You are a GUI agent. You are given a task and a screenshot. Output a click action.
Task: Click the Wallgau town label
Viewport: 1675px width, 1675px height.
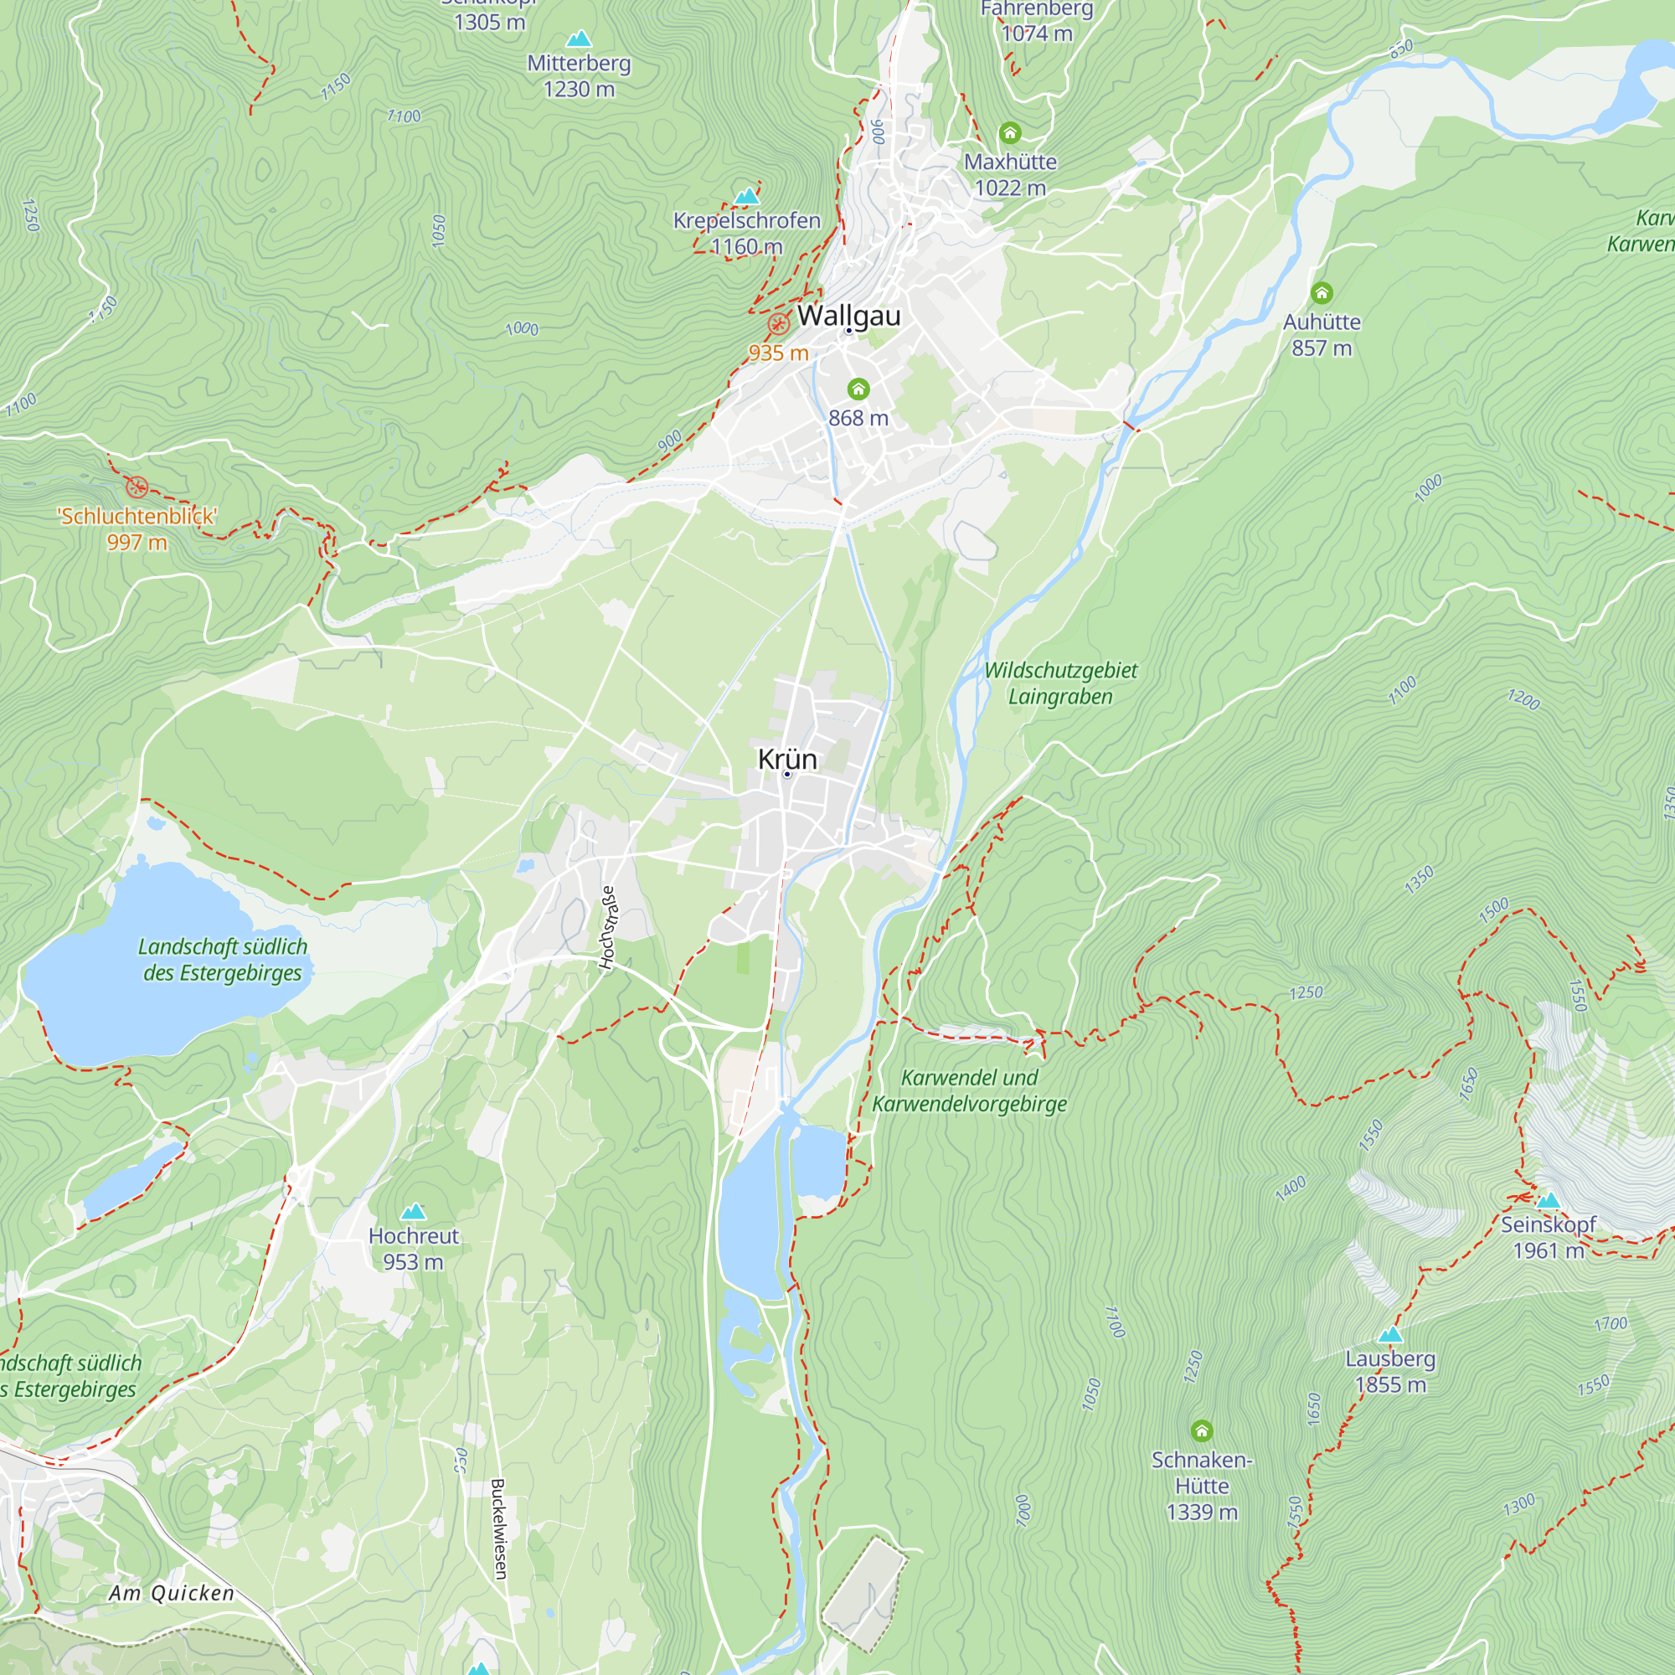tap(848, 316)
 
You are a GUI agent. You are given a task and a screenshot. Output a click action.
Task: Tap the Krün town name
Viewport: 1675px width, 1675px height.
tap(787, 759)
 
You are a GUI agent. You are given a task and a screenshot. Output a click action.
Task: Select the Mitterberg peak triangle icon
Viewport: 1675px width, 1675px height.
tap(580, 39)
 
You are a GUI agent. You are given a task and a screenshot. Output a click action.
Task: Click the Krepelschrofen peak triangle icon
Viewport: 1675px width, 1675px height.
tap(746, 197)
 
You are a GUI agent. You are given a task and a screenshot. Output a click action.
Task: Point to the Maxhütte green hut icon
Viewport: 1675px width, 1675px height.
tap(1010, 132)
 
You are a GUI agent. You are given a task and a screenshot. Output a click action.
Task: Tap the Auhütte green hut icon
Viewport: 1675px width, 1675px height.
tap(1322, 292)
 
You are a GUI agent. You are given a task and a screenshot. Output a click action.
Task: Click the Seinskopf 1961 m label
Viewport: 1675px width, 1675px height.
tap(1549, 1237)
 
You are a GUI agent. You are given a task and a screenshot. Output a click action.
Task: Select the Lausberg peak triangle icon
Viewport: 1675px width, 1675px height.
tap(1390, 1334)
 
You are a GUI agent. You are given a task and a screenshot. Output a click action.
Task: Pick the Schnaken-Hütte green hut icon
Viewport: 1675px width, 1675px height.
tap(1202, 1430)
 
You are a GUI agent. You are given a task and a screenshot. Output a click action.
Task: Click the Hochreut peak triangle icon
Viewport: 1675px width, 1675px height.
tap(414, 1211)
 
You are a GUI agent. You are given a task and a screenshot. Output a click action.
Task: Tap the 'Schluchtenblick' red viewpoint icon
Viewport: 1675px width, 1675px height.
tap(137, 487)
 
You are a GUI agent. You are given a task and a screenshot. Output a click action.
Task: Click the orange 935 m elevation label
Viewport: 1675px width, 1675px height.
tap(779, 353)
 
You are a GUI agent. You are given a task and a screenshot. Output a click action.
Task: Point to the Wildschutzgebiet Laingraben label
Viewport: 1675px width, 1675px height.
tap(1060, 683)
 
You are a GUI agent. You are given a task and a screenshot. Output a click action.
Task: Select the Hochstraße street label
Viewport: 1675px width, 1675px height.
tap(608, 927)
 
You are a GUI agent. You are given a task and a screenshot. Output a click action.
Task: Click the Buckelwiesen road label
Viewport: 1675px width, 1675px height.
tap(498, 1528)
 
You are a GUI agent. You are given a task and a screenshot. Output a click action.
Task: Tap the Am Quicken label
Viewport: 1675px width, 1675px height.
tap(172, 1593)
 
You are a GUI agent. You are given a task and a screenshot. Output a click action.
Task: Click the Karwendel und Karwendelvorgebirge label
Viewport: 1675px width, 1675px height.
tap(969, 1090)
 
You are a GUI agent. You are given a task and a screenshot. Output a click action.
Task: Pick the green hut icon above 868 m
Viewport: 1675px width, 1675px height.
tap(858, 389)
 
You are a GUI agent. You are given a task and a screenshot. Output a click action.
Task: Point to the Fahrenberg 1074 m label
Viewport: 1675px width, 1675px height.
tap(1037, 22)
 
